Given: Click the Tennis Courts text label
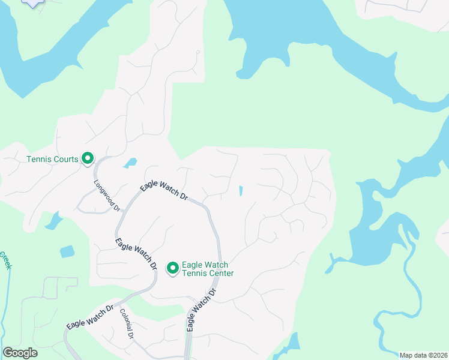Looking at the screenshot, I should [53, 159].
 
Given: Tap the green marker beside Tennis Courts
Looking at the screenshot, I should [88, 158].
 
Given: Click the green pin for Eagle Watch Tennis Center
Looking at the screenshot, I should [173, 268].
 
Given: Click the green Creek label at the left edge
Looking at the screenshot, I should [5, 260].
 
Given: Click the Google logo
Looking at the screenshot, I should [20, 353].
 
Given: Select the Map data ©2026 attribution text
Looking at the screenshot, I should [424, 355].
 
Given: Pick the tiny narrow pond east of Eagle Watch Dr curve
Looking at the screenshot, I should [241, 191].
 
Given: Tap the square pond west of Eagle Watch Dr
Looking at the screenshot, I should [67, 251].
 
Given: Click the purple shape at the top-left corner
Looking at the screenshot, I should [34, 2].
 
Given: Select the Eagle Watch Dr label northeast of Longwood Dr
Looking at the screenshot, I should [164, 188].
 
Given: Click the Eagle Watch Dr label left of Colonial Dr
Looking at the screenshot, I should [90, 317].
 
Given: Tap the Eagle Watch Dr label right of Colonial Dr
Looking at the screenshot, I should [200, 310].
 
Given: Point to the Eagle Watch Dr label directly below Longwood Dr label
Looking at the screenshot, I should [136, 254].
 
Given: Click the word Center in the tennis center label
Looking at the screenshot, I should [218, 273].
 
